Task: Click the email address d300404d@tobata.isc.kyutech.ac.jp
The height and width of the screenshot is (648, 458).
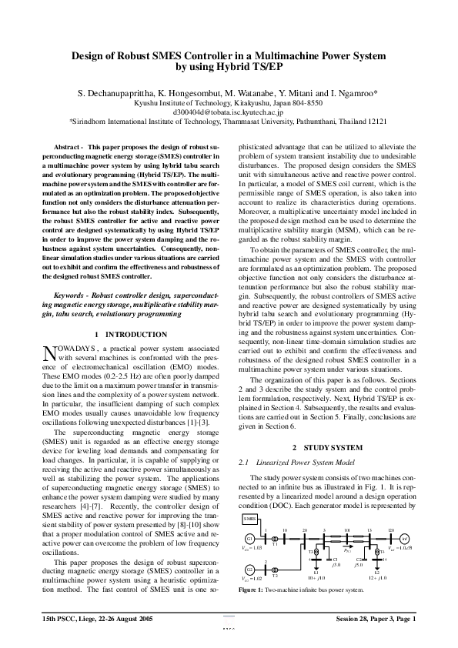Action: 229,112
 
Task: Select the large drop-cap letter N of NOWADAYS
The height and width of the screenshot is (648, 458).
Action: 50,352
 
